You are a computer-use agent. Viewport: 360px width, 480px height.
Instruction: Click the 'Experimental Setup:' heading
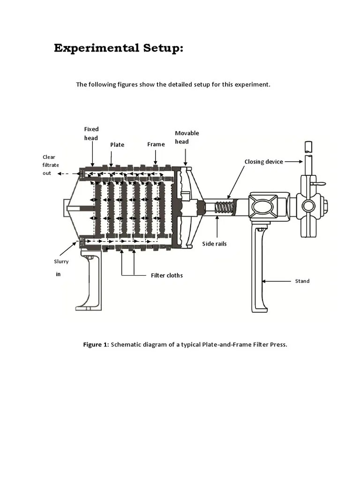[118, 48]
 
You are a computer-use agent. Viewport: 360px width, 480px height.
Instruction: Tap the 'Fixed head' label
[91, 133]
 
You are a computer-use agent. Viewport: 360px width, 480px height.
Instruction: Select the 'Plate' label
[117, 145]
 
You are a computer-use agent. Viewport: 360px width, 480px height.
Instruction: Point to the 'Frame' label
[156, 144]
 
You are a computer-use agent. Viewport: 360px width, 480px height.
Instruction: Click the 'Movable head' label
[187, 137]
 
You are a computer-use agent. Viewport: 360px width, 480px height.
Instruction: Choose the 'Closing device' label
[263, 162]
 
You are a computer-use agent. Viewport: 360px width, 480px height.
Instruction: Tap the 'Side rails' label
[214, 244]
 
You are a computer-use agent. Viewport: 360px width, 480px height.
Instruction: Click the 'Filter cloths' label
[166, 275]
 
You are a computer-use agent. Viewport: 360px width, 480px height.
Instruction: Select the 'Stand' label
[302, 281]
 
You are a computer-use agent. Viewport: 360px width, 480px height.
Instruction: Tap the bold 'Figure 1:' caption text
[96, 345]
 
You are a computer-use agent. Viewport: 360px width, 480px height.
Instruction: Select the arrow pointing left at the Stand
[277, 281]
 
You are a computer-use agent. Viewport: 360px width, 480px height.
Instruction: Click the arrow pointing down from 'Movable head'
[186, 157]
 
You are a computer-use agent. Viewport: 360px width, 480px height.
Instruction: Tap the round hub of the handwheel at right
[308, 206]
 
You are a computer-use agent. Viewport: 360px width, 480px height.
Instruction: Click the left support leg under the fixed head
[90, 281]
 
